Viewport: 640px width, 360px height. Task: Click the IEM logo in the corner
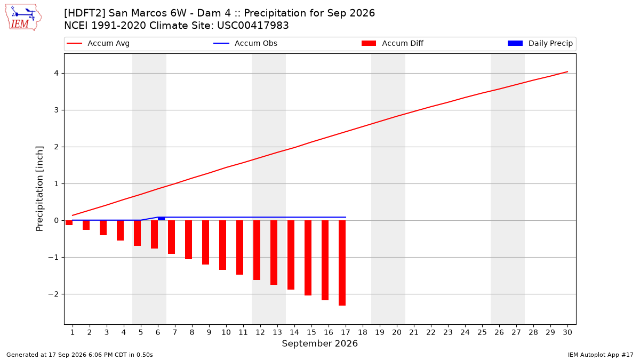click(x=23, y=18)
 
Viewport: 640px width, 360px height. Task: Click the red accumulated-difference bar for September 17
click(x=342, y=263)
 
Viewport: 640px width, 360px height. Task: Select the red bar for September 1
click(x=69, y=222)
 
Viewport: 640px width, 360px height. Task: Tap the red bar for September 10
click(x=222, y=245)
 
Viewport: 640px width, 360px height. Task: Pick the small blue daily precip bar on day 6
click(x=161, y=219)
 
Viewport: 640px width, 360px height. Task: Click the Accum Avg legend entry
click(x=98, y=43)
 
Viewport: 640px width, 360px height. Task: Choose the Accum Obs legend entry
click(x=245, y=43)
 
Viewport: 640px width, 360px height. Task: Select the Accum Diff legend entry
click(x=393, y=43)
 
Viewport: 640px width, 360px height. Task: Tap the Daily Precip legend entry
click(x=540, y=43)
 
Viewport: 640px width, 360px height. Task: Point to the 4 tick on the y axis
click(x=57, y=74)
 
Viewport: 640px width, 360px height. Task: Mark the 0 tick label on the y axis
click(x=57, y=221)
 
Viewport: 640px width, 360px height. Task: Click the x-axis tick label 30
click(x=567, y=332)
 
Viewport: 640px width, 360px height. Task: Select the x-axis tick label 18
click(x=363, y=332)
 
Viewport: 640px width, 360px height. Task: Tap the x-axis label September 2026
click(x=319, y=343)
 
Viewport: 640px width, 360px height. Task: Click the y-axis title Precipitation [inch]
click(x=39, y=189)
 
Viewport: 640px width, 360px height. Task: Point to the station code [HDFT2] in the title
click(x=85, y=13)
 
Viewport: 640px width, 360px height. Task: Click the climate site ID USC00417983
click(x=253, y=26)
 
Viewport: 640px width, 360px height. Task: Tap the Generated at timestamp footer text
click(x=79, y=355)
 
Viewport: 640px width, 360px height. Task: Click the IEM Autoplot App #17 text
click(x=601, y=355)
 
